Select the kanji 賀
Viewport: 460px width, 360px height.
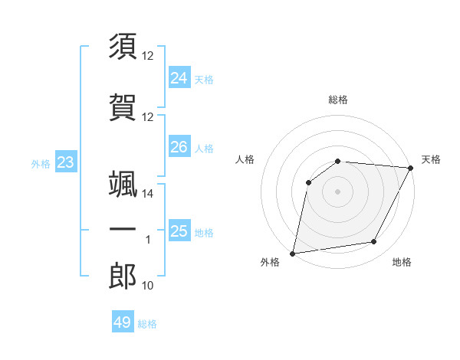[123, 108]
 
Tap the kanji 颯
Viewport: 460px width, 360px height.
[123, 185]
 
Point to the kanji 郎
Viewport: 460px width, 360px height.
[123, 277]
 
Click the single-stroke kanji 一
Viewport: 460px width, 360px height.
[123, 230]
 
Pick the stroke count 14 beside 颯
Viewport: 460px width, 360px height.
[148, 194]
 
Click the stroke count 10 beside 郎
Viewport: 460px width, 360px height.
[148, 286]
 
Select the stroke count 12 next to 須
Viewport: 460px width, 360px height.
[148, 56]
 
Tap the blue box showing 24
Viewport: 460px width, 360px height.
[179, 77]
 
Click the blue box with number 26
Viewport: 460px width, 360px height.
[179, 146]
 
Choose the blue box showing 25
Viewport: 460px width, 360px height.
[179, 231]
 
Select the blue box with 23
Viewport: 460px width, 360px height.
[65, 162]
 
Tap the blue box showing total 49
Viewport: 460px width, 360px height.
[123, 322]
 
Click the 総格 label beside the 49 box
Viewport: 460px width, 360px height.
[148, 324]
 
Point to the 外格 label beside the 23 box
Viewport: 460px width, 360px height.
[41, 163]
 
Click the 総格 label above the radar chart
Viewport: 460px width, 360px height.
[338, 100]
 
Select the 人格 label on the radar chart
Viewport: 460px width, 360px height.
[245, 159]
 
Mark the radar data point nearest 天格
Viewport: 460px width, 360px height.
[411, 168]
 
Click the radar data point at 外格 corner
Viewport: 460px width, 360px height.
[293, 253]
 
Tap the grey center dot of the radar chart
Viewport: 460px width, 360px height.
[338, 191]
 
